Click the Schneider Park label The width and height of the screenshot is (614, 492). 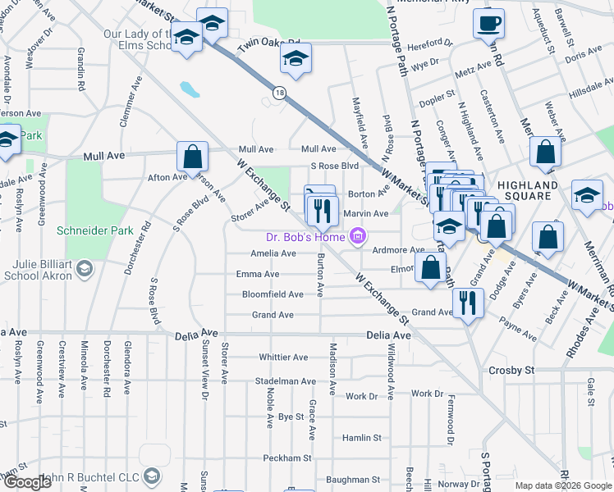click(94, 230)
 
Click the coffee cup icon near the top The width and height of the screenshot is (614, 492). click(489, 23)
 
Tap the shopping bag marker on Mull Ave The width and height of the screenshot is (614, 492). click(192, 156)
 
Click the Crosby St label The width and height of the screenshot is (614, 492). click(511, 371)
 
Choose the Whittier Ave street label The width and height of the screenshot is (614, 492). click(283, 358)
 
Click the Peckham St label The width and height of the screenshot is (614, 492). click(287, 458)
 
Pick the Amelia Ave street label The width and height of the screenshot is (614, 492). click(273, 254)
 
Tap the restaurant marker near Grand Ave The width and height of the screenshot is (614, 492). click(468, 303)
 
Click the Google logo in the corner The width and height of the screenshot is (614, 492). click(26, 482)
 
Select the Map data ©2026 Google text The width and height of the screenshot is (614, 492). click(562, 485)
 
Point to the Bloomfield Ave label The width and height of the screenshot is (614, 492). click(273, 294)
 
